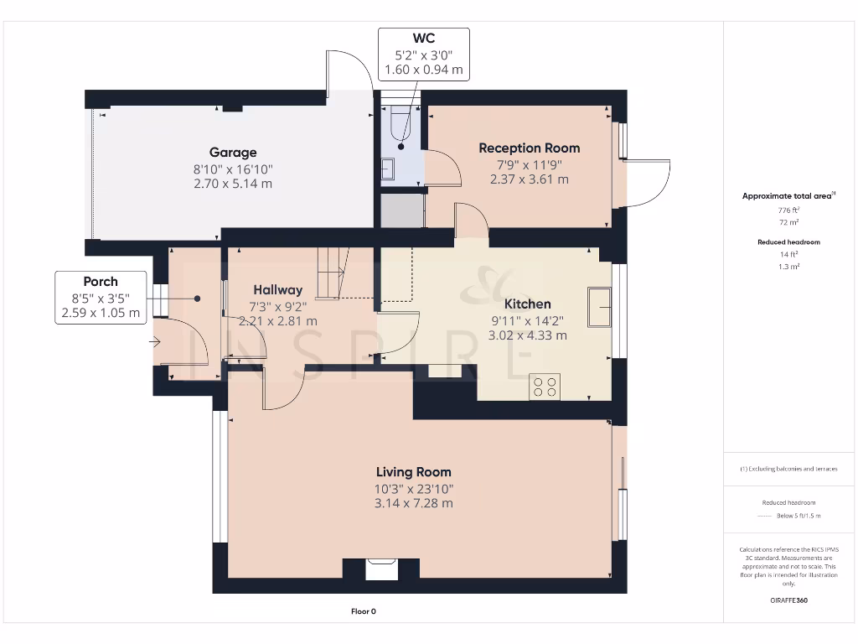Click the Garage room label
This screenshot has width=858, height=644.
[233, 153]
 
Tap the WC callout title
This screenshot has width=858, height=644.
[423, 39]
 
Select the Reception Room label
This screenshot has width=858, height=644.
[530, 148]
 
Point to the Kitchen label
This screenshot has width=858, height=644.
[528, 304]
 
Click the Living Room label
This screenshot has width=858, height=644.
[414, 472]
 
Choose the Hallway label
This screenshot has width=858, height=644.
[278, 289]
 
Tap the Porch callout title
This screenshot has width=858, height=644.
[101, 282]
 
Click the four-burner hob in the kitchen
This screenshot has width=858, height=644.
[545, 387]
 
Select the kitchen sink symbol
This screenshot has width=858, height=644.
[600, 307]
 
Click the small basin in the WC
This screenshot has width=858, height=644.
[388, 169]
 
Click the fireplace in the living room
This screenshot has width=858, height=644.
[381, 569]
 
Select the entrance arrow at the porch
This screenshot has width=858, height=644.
[155, 342]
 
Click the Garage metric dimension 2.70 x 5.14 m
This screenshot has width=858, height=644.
[233, 184]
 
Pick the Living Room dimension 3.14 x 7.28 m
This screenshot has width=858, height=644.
[414, 503]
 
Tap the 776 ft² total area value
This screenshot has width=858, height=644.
[788, 210]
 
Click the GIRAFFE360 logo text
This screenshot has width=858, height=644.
[788, 600]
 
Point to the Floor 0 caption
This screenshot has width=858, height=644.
[364, 611]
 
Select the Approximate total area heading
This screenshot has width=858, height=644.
[788, 195]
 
